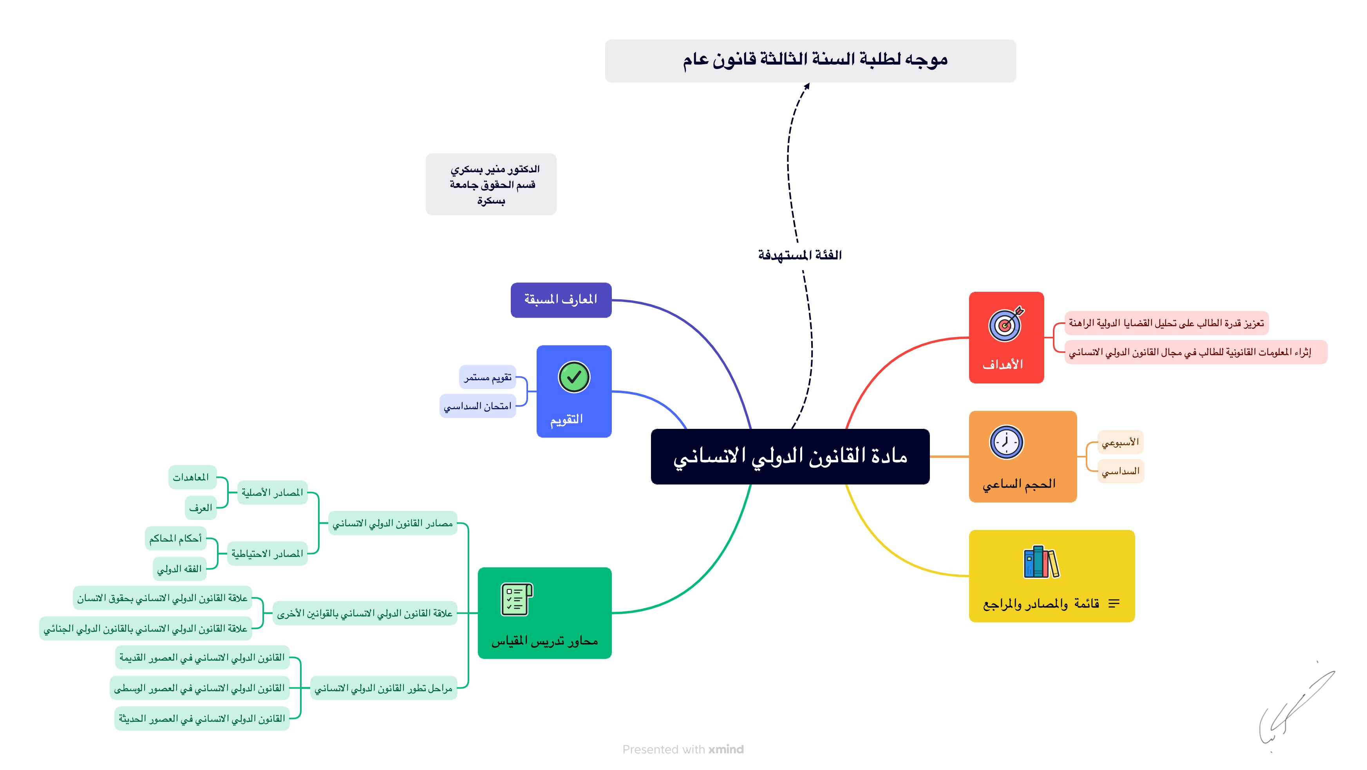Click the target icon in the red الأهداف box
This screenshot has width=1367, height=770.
pos(1005,324)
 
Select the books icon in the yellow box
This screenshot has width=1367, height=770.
pos(1041,562)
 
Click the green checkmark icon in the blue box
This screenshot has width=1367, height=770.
pos(574,377)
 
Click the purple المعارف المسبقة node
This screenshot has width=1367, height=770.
pos(561,300)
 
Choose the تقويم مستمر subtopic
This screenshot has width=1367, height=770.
pos(487,377)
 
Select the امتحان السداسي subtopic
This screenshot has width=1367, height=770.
pos(477,406)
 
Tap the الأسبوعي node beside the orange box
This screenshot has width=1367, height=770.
pos(1120,442)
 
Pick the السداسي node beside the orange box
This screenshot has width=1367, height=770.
pos(1120,471)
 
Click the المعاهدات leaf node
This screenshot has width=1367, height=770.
pos(192,477)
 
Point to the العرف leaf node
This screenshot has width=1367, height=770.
pos(201,508)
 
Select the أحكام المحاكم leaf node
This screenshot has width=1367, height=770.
pos(175,539)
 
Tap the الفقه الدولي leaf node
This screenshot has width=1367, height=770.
pos(179,569)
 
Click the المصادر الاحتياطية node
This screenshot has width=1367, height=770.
pos(267,553)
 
